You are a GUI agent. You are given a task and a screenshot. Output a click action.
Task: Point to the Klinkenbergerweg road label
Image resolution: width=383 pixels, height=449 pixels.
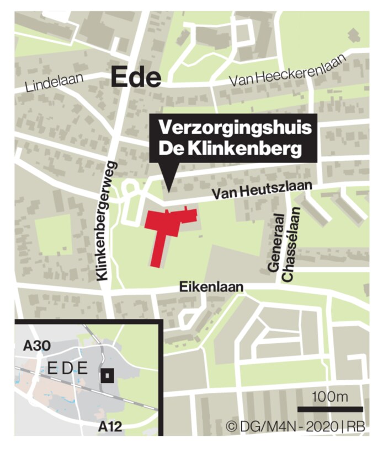[x=108, y=220]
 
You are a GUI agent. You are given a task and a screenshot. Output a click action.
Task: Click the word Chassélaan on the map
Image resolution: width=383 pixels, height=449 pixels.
[x=291, y=244]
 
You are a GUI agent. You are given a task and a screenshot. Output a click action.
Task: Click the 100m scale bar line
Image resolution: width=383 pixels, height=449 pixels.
[x=330, y=409]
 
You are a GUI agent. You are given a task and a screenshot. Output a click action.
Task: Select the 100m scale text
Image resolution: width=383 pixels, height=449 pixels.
[x=330, y=396]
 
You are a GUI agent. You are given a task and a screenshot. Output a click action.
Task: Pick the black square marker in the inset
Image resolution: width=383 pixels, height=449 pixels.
[x=107, y=376]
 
